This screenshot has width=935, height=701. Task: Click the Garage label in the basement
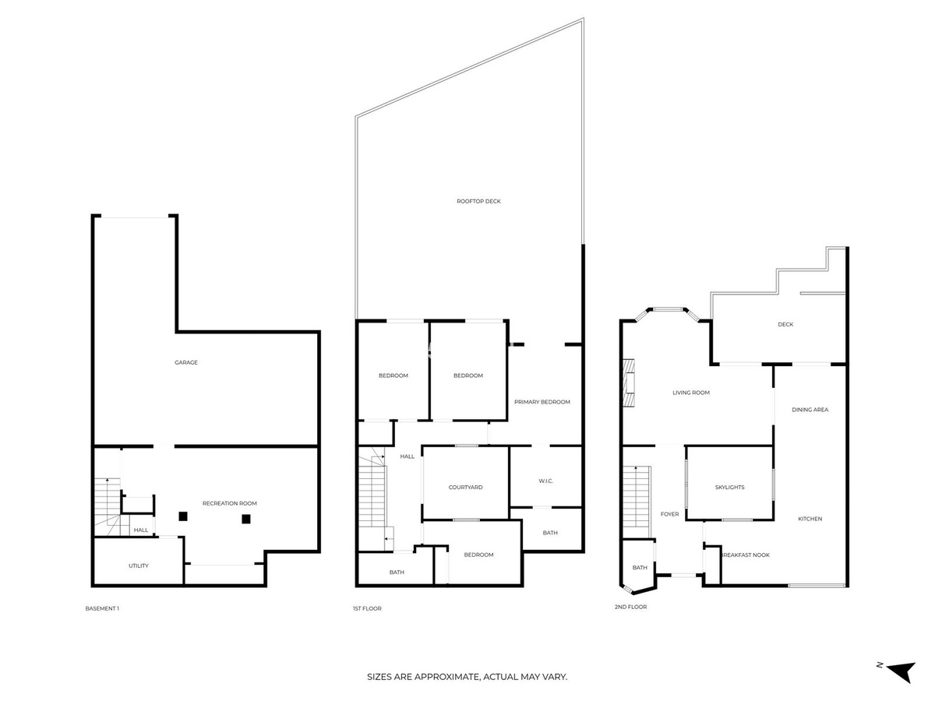pyautogui.click(x=185, y=362)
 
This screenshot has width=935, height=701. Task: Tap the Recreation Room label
pyautogui.click(x=229, y=503)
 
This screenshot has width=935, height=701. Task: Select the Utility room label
pyautogui.click(x=139, y=565)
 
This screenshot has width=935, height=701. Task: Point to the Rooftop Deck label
pyautogui.click(x=478, y=201)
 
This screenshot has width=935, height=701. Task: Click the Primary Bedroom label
pyautogui.click(x=542, y=402)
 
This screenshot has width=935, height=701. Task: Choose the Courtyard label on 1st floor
pyautogui.click(x=465, y=487)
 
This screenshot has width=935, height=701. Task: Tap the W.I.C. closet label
pyautogui.click(x=545, y=481)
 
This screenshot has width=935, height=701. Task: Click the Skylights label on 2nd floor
pyautogui.click(x=729, y=487)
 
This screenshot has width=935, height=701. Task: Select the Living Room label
pyautogui.click(x=691, y=393)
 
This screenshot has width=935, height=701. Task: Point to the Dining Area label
pyautogui.click(x=810, y=410)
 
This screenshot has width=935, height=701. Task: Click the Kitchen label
pyautogui.click(x=810, y=519)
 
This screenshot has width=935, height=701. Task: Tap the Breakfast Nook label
pyautogui.click(x=746, y=555)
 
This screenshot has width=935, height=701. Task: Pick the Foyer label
pyautogui.click(x=669, y=514)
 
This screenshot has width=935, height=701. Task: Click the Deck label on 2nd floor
pyautogui.click(x=785, y=324)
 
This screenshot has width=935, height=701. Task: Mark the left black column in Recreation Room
pyautogui.click(x=183, y=516)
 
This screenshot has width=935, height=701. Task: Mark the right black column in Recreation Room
pyautogui.click(x=245, y=519)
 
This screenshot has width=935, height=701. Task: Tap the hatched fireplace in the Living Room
pyautogui.click(x=629, y=382)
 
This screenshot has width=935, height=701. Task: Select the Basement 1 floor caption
pyautogui.click(x=102, y=608)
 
